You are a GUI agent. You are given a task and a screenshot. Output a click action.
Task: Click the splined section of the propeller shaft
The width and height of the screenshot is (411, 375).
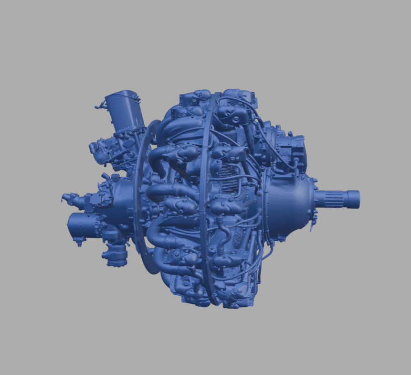click(x=332, y=199)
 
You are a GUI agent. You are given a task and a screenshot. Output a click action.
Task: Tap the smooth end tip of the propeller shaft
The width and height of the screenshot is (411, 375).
click(x=353, y=199)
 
